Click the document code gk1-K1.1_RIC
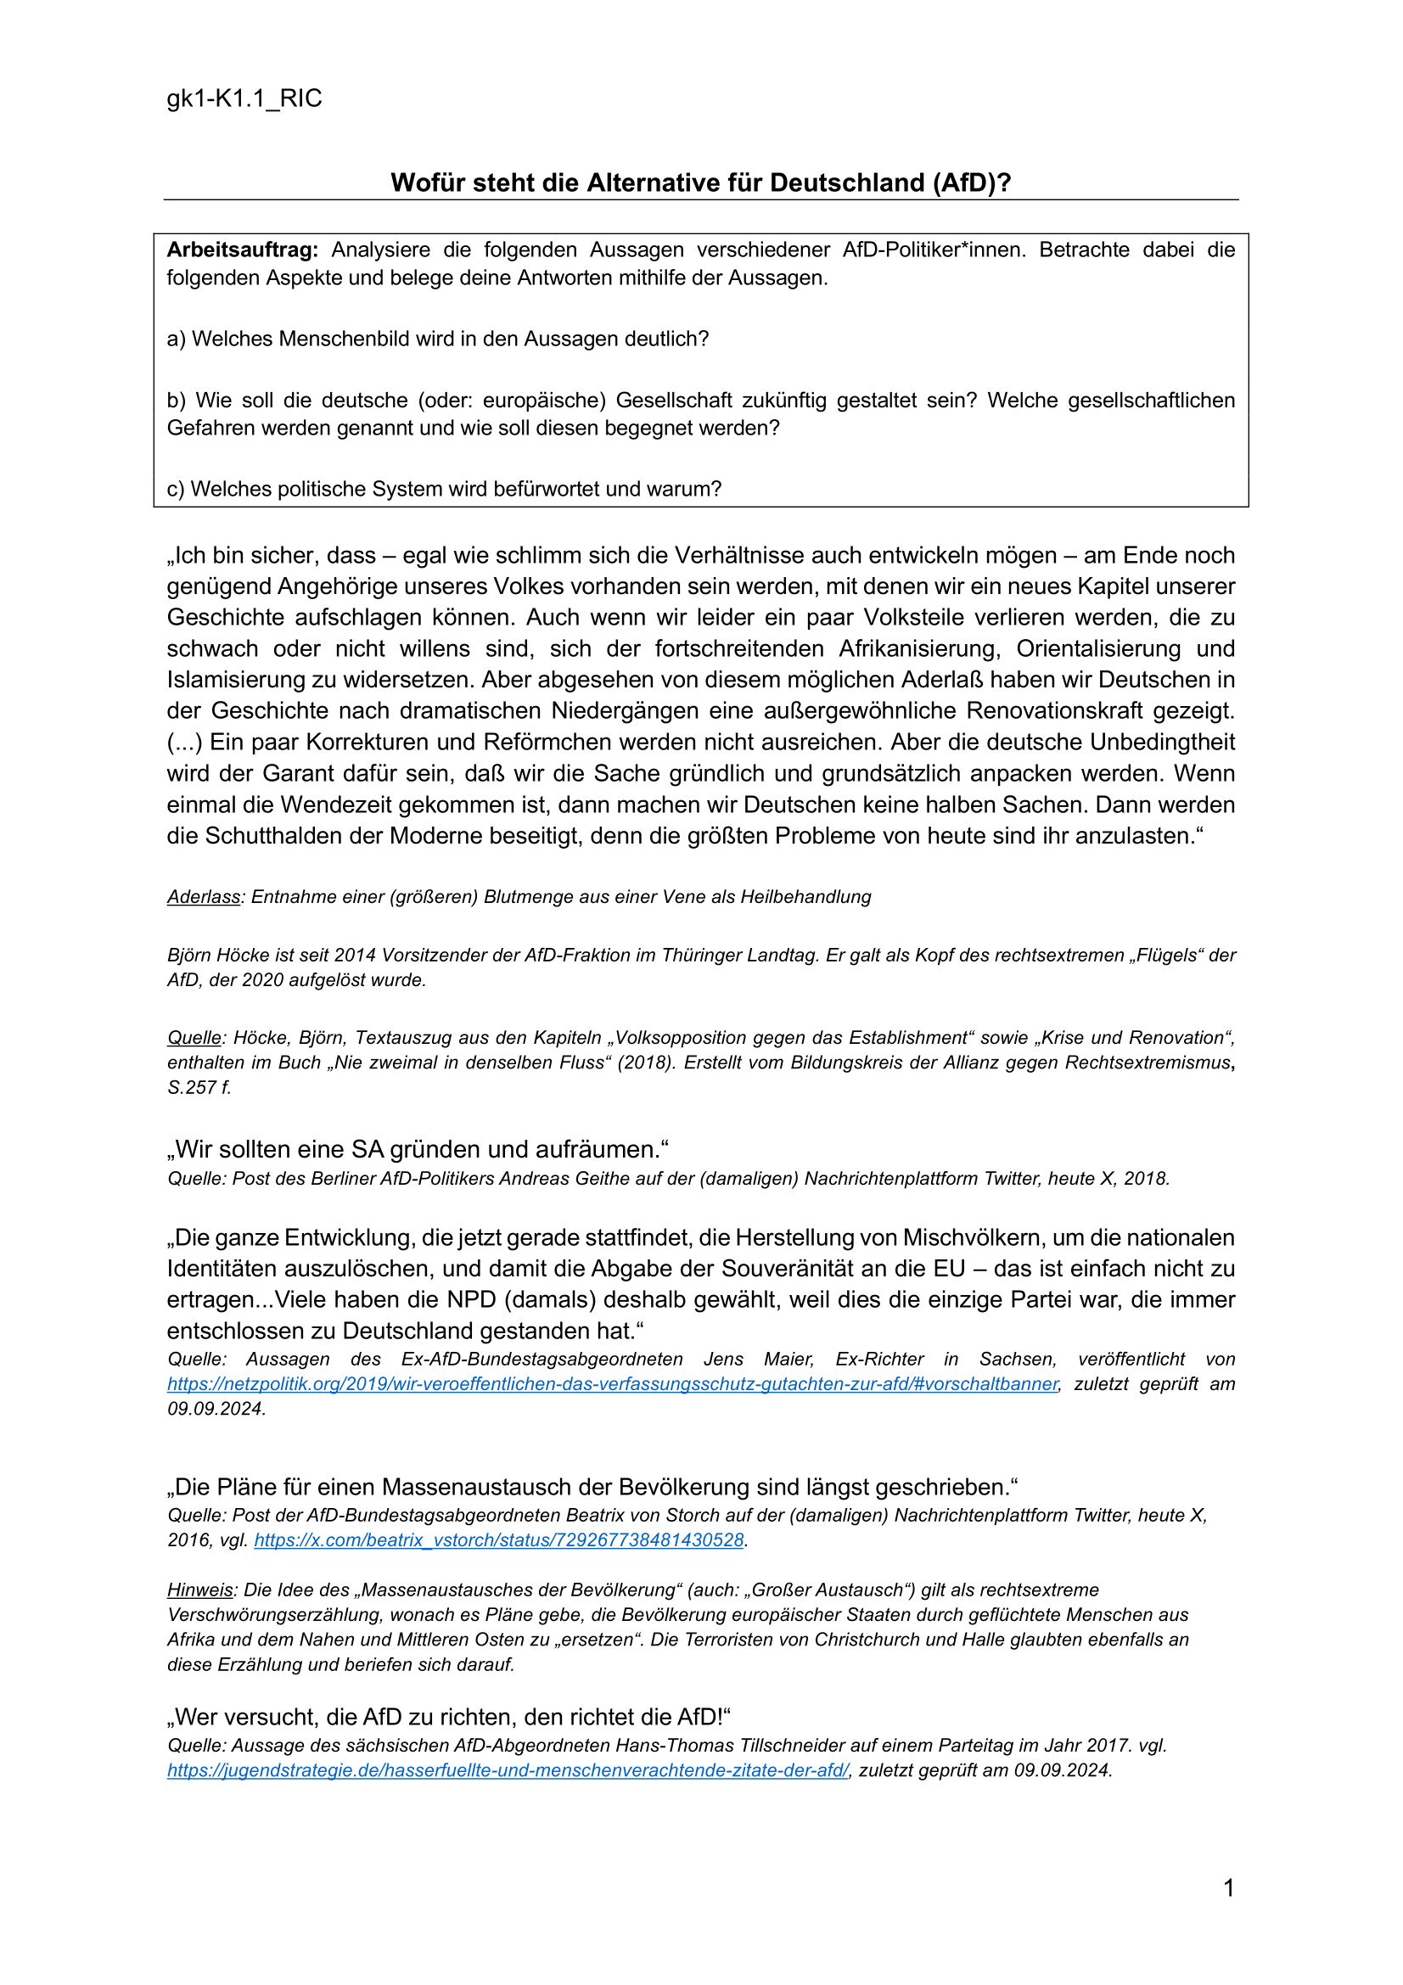(244, 98)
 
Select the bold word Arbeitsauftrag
(242, 250)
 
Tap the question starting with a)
(437, 339)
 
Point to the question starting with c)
(443, 489)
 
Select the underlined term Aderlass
(203, 896)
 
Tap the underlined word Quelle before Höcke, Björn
(194, 1037)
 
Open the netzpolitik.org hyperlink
(612, 1383)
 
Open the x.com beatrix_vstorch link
(499, 1539)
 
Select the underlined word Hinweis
(199, 1590)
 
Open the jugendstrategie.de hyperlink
(508, 1769)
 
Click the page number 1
(1228, 1888)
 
